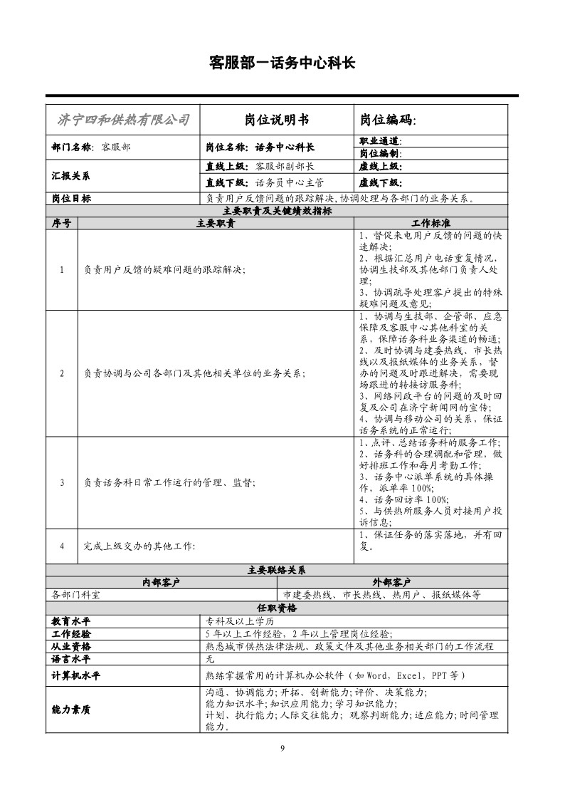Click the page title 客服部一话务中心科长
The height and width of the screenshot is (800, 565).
coord(282,63)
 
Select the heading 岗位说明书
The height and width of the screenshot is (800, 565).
coord(277,120)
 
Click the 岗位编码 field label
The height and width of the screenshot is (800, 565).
coord(388,120)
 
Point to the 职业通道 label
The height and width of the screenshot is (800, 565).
coord(381,141)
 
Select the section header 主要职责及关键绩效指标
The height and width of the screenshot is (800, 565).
coord(277,211)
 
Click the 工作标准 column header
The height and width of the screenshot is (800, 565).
coord(431,223)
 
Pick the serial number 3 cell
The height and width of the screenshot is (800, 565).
coord(62,482)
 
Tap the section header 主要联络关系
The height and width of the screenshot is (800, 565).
coord(277,570)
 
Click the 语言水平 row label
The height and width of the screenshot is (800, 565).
coord(71,659)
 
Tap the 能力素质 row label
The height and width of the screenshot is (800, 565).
coord(71,710)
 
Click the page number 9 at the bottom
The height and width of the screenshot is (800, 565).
coord(282,747)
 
